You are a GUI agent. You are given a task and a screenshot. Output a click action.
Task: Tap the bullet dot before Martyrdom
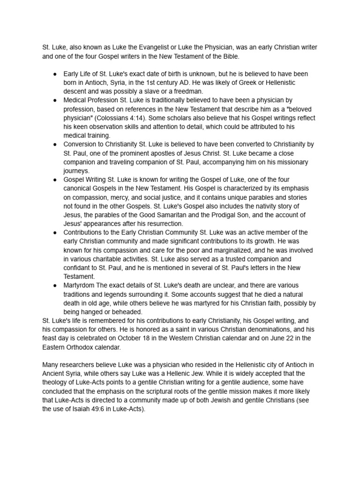click(x=55, y=285)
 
